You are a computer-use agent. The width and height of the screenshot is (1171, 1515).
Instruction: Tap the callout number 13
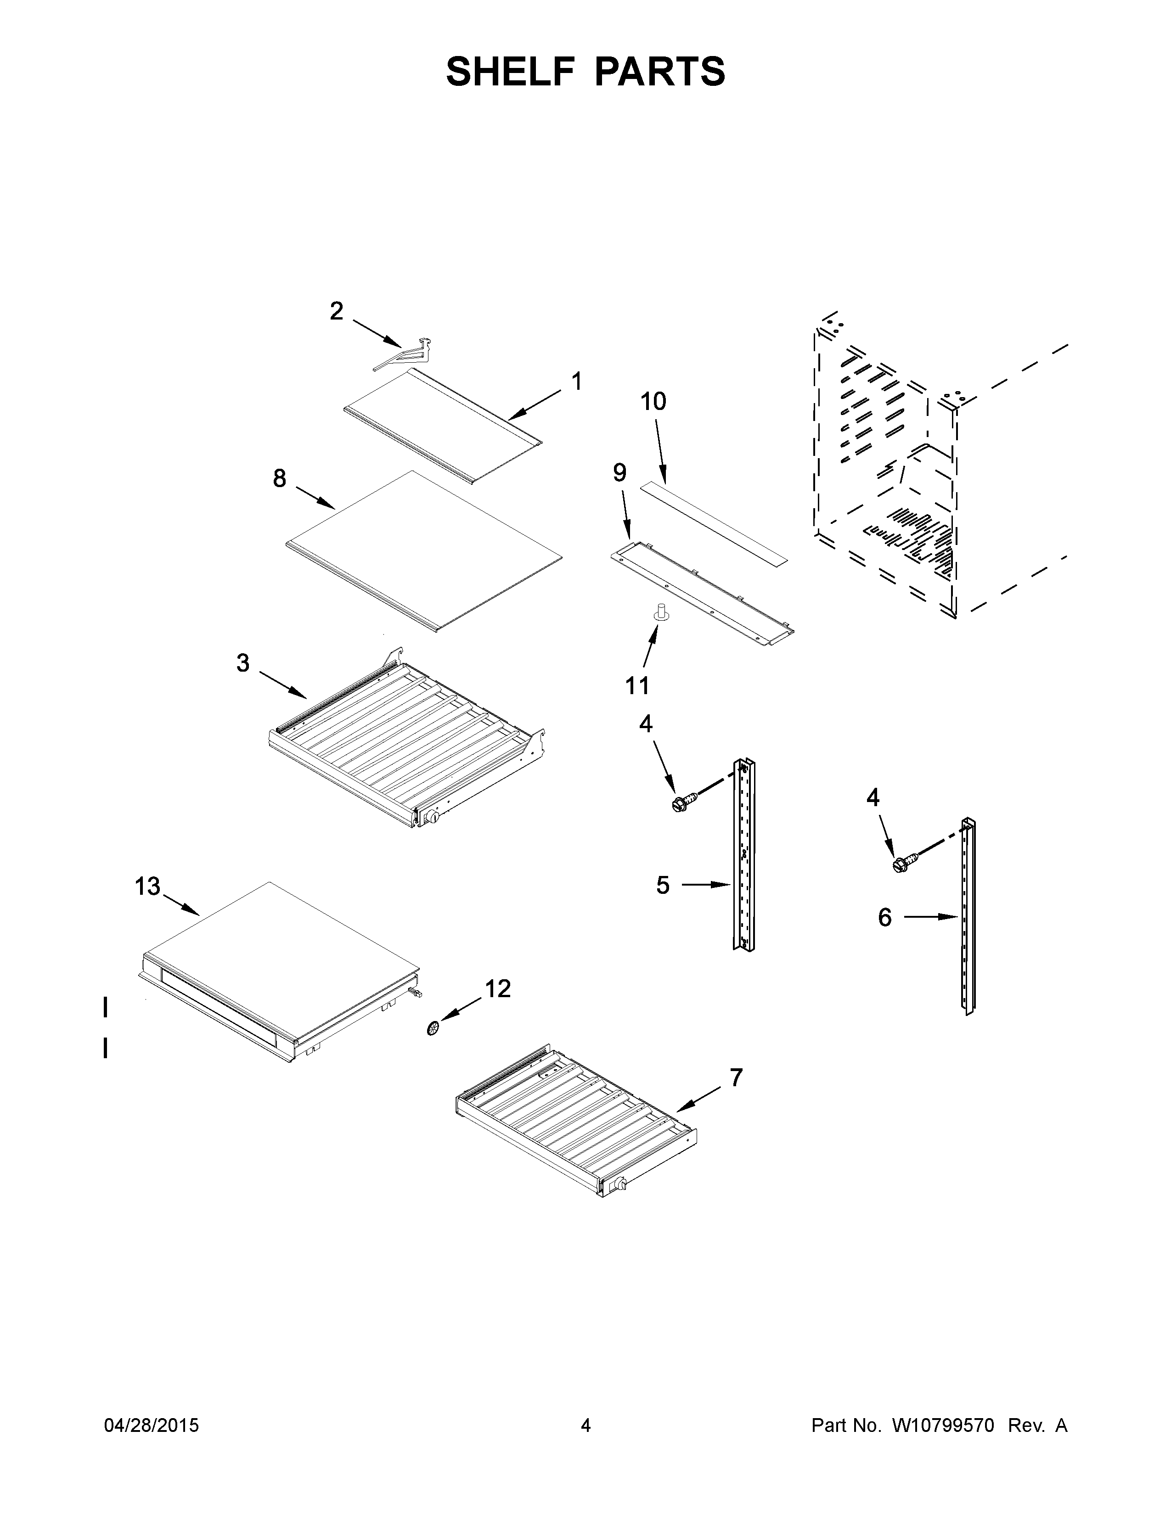(147, 887)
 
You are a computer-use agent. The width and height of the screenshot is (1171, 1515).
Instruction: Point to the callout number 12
(498, 988)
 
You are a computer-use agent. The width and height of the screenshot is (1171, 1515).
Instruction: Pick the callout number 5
(663, 885)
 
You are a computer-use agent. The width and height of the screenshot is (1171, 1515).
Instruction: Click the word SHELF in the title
(509, 72)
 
